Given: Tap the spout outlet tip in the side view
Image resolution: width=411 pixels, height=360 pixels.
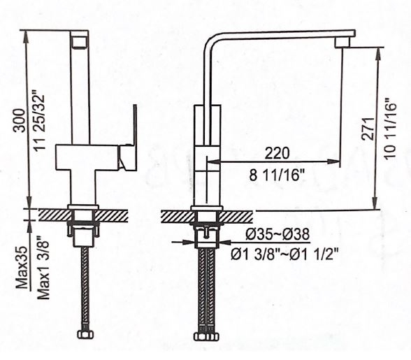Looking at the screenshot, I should click(342, 43).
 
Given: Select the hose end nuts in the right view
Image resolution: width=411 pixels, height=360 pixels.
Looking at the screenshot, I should click(206, 336).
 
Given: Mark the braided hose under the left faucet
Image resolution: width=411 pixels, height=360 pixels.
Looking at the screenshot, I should click(83, 287).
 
